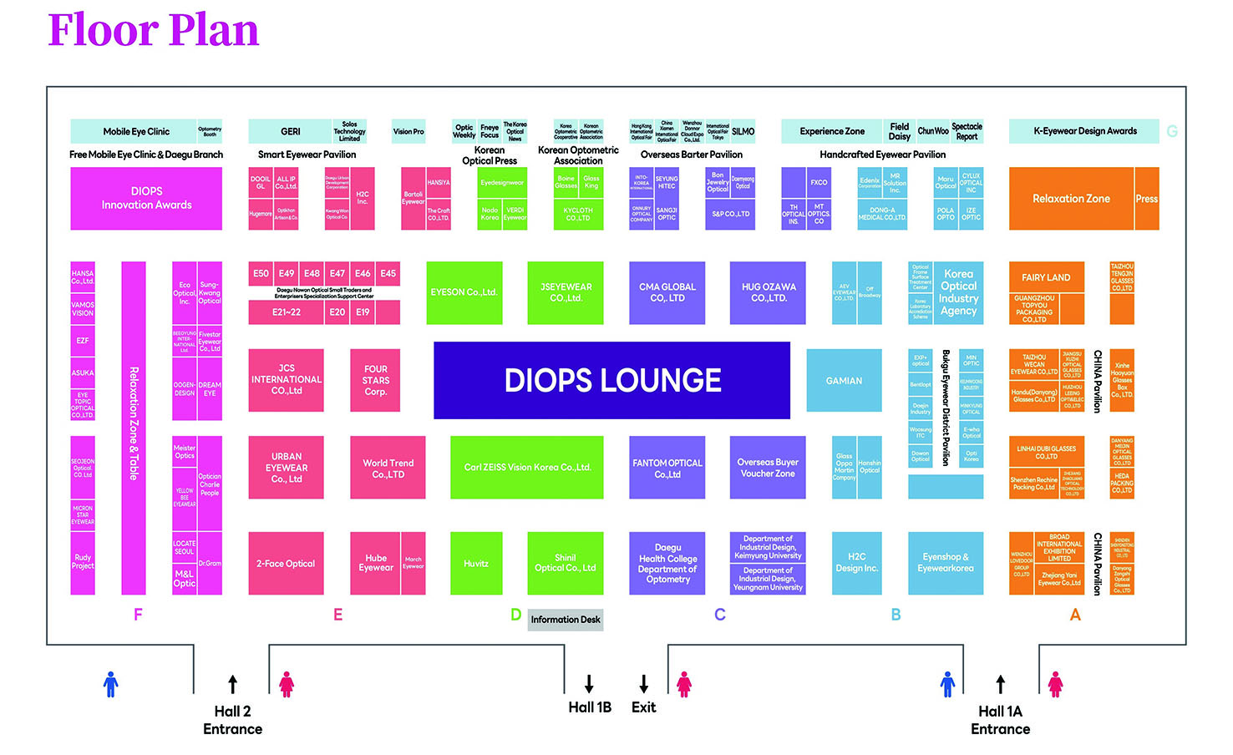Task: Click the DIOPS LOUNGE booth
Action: pyautogui.click(x=611, y=380)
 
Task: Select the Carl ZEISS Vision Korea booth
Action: pyautogui.click(x=527, y=467)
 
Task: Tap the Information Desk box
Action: pyautogui.click(x=565, y=620)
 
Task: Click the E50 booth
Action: pyautogui.click(x=261, y=273)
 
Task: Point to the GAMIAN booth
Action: pyautogui.click(x=844, y=380)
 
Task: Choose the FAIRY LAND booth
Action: pyautogui.click(x=1046, y=277)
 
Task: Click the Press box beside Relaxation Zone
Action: pyautogui.click(x=1146, y=199)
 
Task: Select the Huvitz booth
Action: pyautogui.click(x=476, y=564)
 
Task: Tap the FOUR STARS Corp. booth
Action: pyautogui.click(x=375, y=380)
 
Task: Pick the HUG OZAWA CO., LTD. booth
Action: pyautogui.click(x=768, y=292)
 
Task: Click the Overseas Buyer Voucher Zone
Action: pyautogui.click(x=768, y=468)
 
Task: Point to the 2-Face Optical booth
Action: pyautogui.click(x=286, y=564)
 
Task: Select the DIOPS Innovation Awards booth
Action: pyautogui.click(x=146, y=198)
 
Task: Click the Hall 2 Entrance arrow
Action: pyautogui.click(x=233, y=684)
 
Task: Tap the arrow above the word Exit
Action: pyautogui.click(x=644, y=683)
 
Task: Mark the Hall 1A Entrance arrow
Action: pyautogui.click(x=1001, y=684)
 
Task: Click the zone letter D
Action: pyautogui.click(x=515, y=615)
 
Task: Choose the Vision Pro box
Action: pyautogui.click(x=408, y=131)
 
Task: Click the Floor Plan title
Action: pyautogui.click(x=154, y=30)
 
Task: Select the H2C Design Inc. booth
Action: pyautogui.click(x=856, y=563)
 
